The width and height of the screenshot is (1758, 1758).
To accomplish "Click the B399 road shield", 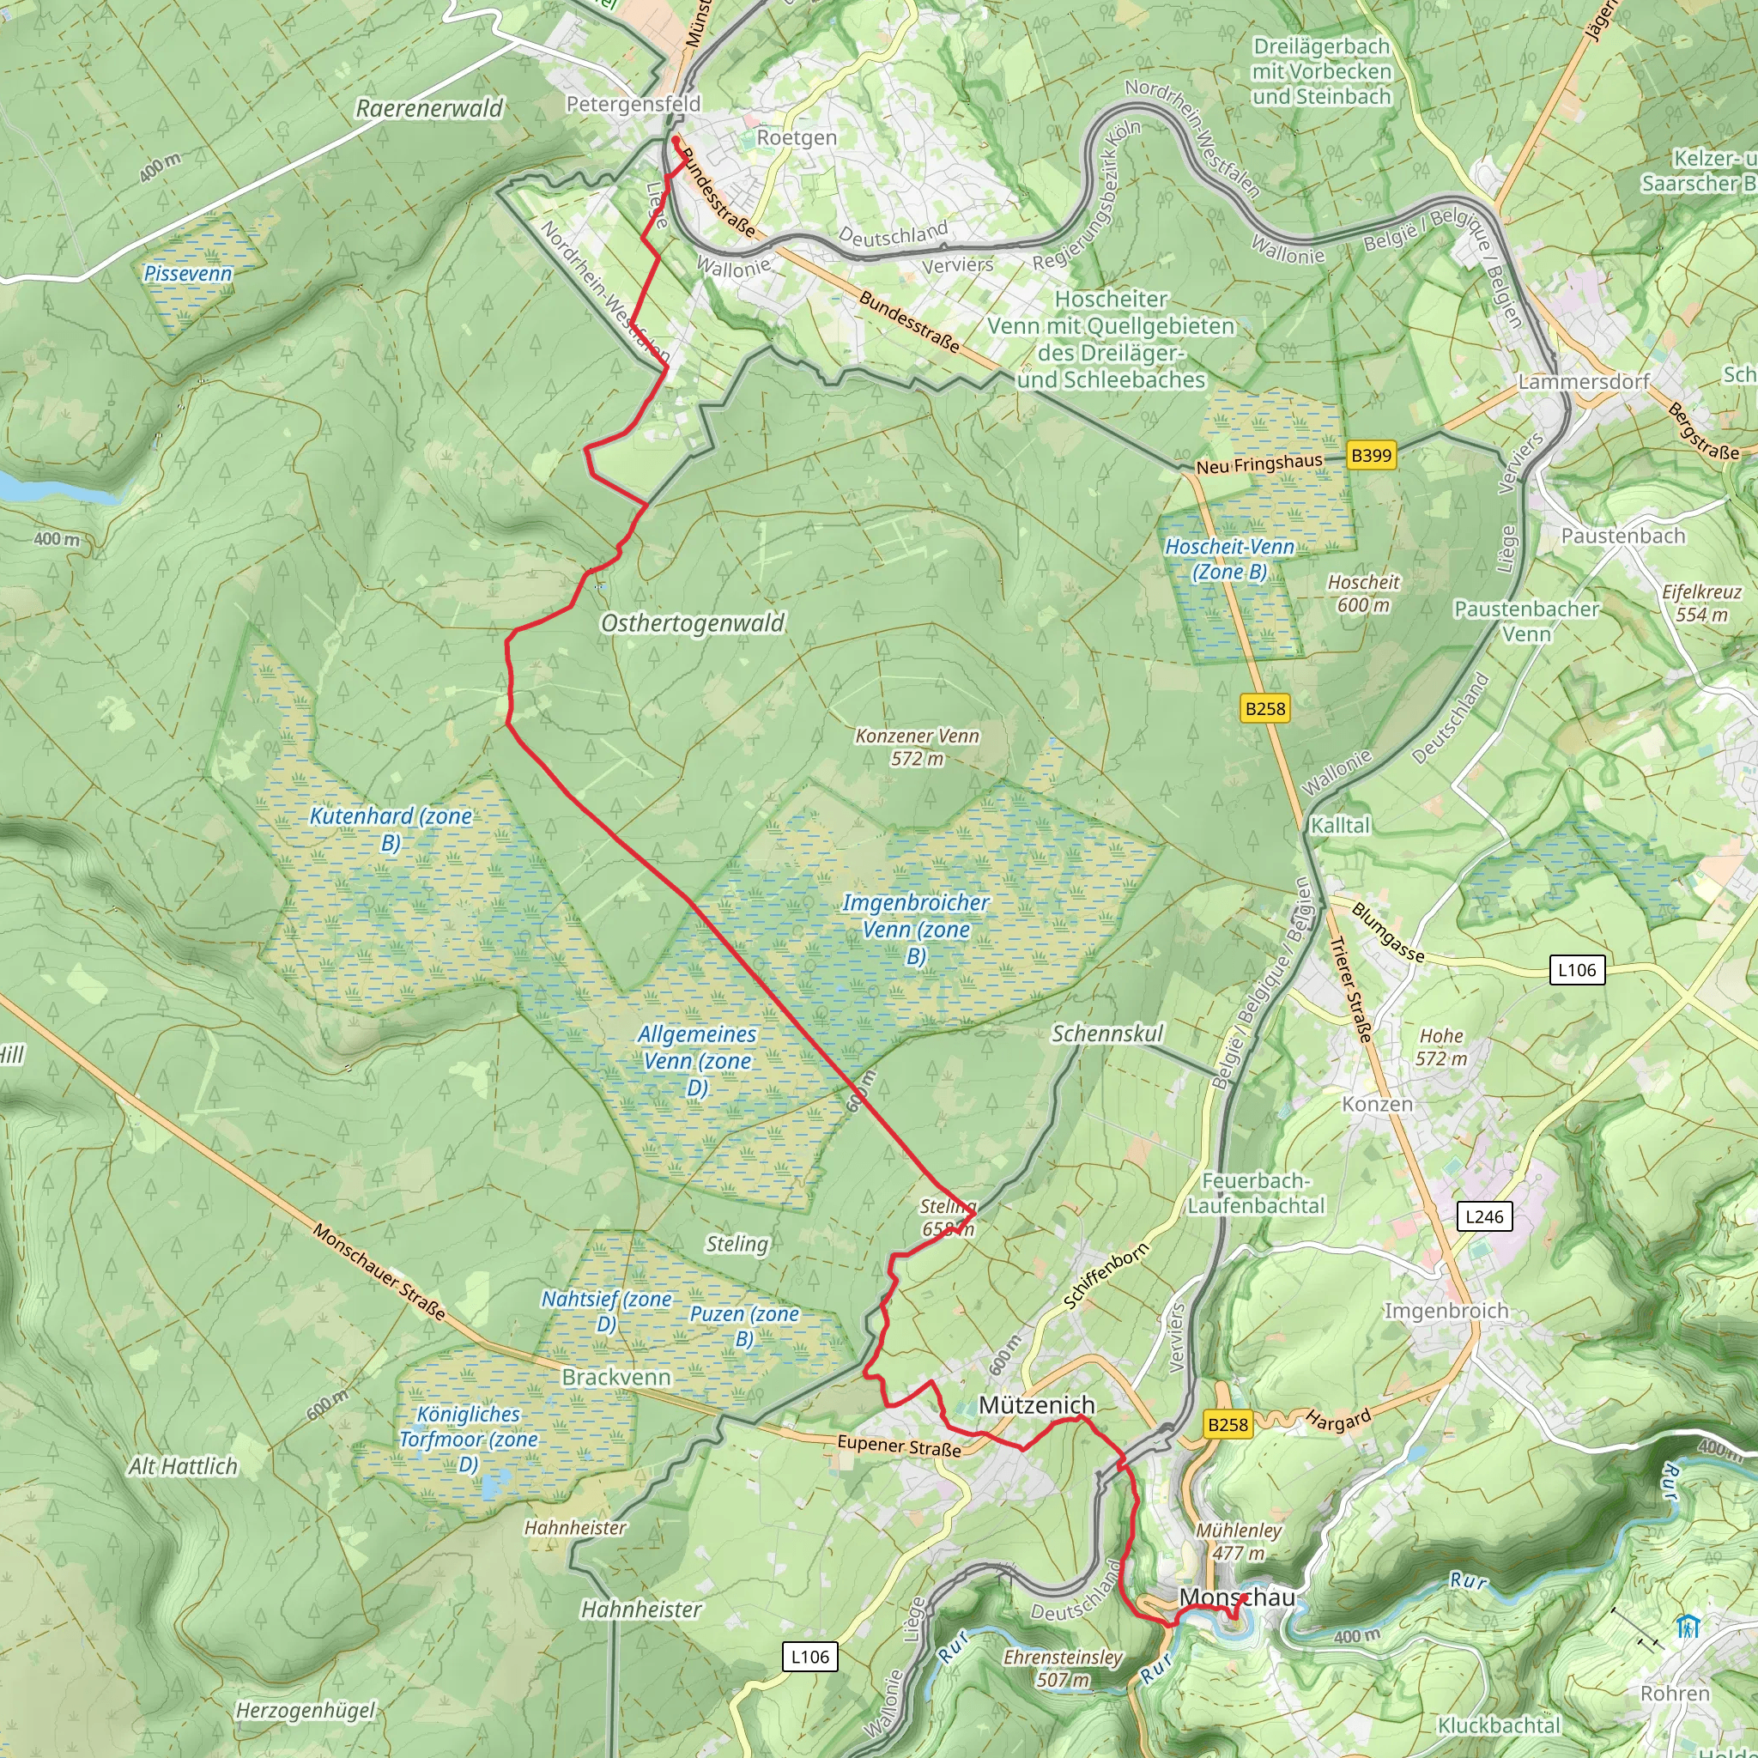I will pyautogui.click(x=1371, y=455).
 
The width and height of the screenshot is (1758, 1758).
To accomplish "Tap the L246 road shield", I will pyautogui.click(x=1484, y=1215).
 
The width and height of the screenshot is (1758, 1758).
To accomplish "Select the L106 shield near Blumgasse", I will pyautogui.click(x=1576, y=969).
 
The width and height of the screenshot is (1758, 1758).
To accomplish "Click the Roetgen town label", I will pyautogui.click(x=797, y=137).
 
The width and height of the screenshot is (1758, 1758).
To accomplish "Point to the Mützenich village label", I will pyautogui.click(x=1036, y=1405).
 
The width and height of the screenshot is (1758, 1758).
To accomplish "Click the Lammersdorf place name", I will pyautogui.click(x=1583, y=381).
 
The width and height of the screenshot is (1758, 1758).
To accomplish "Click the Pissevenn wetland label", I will pyautogui.click(x=187, y=273).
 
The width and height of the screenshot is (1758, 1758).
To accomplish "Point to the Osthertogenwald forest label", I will pyautogui.click(x=693, y=623).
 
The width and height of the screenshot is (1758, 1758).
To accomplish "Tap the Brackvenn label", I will pyautogui.click(x=616, y=1377).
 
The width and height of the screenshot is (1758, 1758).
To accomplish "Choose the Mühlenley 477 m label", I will pyautogui.click(x=1238, y=1542).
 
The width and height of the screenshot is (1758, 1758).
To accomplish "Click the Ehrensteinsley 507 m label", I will pyautogui.click(x=1063, y=1668).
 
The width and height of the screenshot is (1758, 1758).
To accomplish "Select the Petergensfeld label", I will pyautogui.click(x=633, y=104).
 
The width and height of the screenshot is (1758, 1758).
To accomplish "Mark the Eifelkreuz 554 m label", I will pyautogui.click(x=1701, y=603).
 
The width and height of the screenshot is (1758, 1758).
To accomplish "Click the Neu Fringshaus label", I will pyautogui.click(x=1258, y=464).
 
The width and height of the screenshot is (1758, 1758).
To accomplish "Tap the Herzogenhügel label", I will pyautogui.click(x=306, y=1711).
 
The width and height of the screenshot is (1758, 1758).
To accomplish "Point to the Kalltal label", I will pyautogui.click(x=1339, y=825).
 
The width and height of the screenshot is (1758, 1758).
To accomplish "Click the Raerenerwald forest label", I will pyautogui.click(x=428, y=108).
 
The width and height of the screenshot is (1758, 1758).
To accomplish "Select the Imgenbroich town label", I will pyautogui.click(x=1446, y=1310).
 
